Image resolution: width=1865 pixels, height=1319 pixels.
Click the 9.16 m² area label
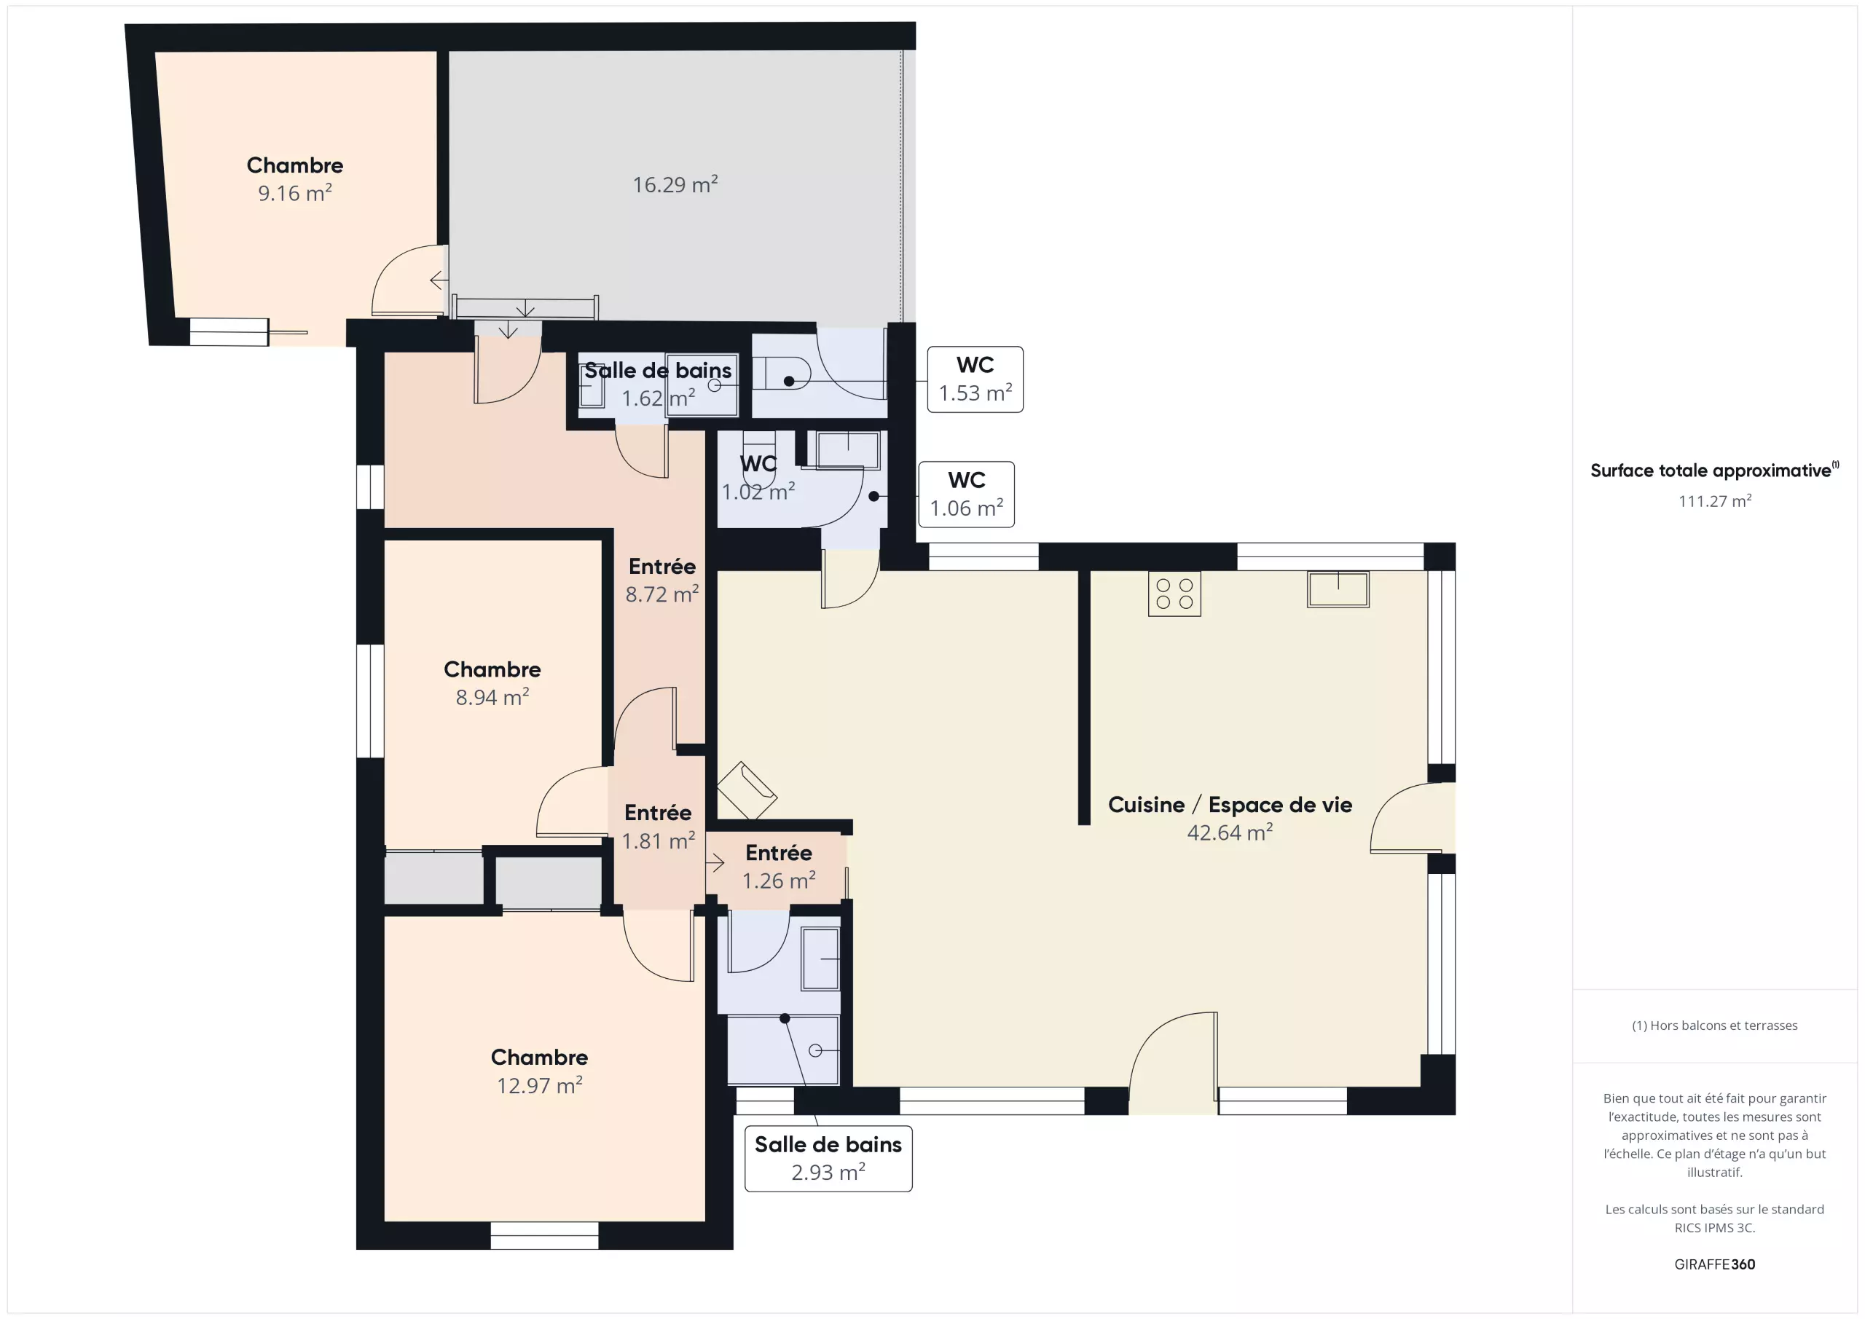point(295,193)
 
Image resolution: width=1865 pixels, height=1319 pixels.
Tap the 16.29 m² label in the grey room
point(675,184)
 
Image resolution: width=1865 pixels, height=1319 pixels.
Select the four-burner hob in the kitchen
point(1174,594)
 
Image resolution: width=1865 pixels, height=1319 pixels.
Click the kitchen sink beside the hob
point(1338,588)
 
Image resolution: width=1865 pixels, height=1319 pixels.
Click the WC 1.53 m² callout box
point(975,379)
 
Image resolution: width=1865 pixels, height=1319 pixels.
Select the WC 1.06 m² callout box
point(966,495)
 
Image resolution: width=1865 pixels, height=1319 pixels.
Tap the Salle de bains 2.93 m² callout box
point(828,1158)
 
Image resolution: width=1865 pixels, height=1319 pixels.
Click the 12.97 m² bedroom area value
point(539,1086)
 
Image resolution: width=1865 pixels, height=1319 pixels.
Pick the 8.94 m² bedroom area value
point(492,698)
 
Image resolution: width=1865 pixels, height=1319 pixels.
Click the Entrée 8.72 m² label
point(662,580)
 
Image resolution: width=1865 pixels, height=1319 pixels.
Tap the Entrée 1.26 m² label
point(779,867)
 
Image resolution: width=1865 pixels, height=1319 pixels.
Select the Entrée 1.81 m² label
point(658,827)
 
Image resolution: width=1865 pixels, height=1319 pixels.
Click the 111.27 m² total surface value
point(1715,501)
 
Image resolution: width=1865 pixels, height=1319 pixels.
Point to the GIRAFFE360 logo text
point(1715,1264)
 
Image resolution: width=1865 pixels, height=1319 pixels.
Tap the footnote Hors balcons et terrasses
point(1715,1025)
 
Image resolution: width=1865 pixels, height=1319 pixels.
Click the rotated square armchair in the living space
point(747,790)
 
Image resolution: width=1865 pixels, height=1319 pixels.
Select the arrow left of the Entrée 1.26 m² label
point(715,862)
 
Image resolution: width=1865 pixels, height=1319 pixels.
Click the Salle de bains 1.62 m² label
point(657,384)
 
